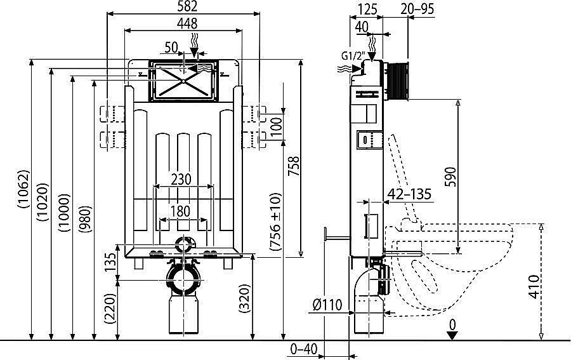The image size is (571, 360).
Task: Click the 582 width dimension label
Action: tap(188, 6)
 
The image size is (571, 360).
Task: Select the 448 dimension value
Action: tap(187, 23)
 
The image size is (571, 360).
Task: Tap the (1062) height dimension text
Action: tap(23, 189)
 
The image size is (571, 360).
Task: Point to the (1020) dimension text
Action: tap(43, 203)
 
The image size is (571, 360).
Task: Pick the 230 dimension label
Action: tap(181, 179)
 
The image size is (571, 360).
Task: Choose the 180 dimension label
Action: tap(181, 211)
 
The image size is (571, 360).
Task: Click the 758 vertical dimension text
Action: tap(294, 166)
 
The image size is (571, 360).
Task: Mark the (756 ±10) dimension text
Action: tap(276, 222)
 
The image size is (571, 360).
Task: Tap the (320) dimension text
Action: tap(245, 298)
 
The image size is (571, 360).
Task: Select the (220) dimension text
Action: tap(110, 309)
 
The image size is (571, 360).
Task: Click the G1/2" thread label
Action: tap(353, 57)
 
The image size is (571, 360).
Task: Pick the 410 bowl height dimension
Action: tap(534, 287)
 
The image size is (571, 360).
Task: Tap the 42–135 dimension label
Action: tap(409, 194)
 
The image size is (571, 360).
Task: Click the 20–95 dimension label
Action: tap(417, 9)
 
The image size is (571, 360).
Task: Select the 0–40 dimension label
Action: tap(304, 349)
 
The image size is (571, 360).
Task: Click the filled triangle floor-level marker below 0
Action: tap(452, 335)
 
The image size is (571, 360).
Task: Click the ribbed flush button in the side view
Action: tap(398, 81)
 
